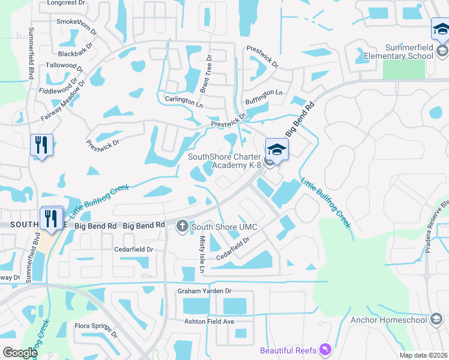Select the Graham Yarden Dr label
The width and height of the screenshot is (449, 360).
click(204, 292)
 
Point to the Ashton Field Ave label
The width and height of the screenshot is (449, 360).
click(209, 322)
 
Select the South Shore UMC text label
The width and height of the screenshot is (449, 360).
click(224, 227)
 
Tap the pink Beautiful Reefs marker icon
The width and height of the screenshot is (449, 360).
click(325, 349)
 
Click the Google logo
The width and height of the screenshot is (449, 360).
click(19, 353)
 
